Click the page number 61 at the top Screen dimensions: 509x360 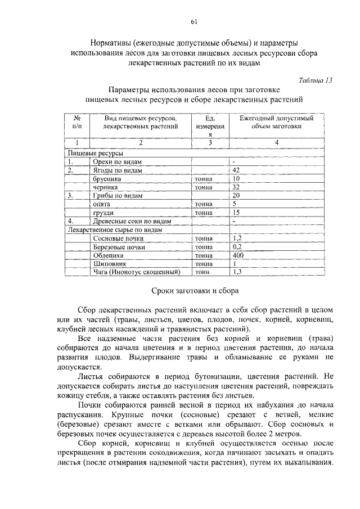193,22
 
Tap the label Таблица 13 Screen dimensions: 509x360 316,80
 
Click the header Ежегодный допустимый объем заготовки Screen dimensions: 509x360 276,123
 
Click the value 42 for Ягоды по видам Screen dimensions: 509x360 236,170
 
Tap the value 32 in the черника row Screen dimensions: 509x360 236,187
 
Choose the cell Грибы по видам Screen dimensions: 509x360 117,195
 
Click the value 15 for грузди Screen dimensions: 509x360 236,213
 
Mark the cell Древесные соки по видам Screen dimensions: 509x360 132,221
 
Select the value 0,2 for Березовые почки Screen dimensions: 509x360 237,246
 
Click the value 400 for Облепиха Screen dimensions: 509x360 238,255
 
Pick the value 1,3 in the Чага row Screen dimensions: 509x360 237,272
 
